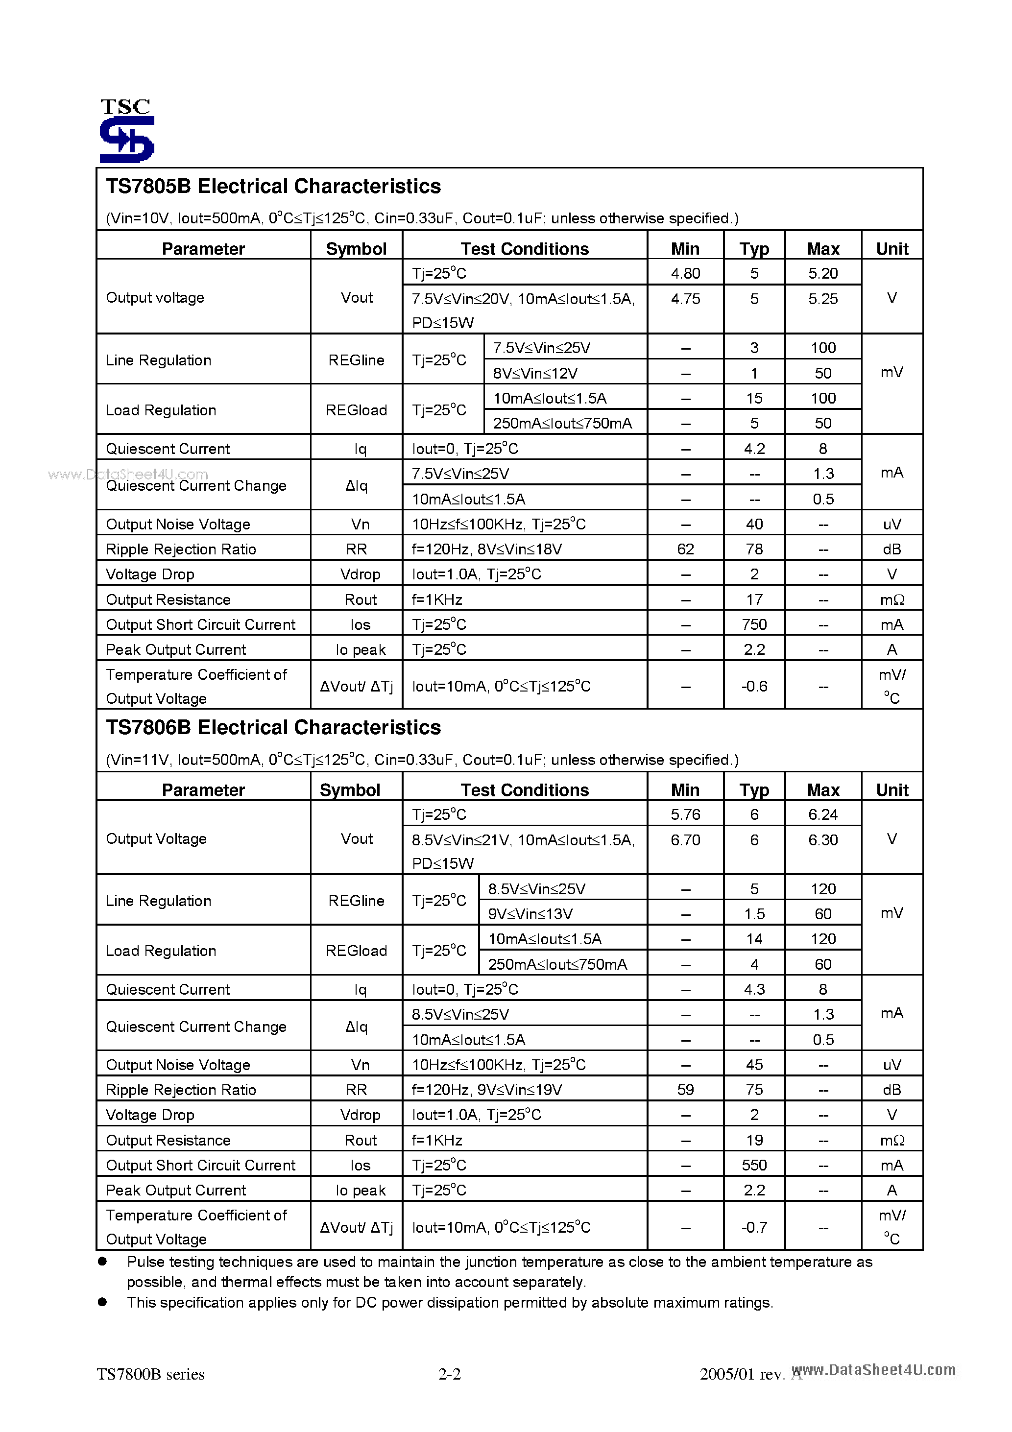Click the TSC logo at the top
(127, 130)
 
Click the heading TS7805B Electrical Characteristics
(273, 187)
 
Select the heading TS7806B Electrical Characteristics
(273, 727)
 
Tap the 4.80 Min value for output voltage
(685, 273)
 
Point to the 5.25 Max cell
(822, 299)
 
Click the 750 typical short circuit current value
(754, 624)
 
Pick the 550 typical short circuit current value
(754, 1165)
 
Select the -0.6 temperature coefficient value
(754, 686)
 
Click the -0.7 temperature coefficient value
(754, 1227)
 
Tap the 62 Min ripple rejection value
(685, 549)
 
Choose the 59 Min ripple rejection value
(685, 1090)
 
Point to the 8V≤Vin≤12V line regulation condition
(535, 373)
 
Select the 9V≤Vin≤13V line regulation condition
(530, 914)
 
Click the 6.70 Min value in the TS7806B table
(685, 839)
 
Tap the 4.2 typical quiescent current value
(754, 449)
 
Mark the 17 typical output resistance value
(754, 599)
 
